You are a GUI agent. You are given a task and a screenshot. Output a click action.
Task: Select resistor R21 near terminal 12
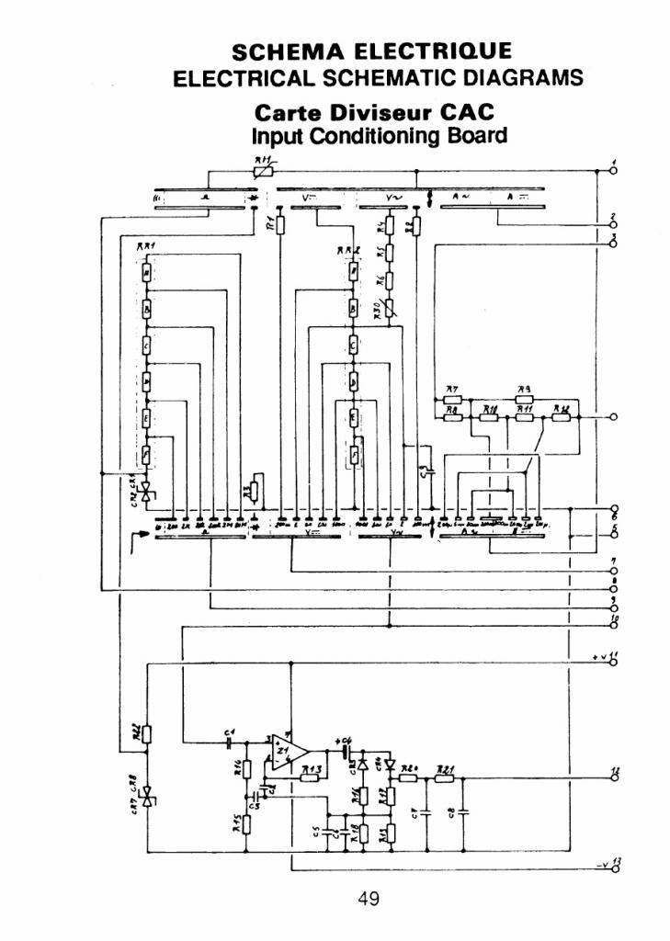coord(445,777)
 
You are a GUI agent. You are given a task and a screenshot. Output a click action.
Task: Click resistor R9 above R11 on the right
coord(525,399)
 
